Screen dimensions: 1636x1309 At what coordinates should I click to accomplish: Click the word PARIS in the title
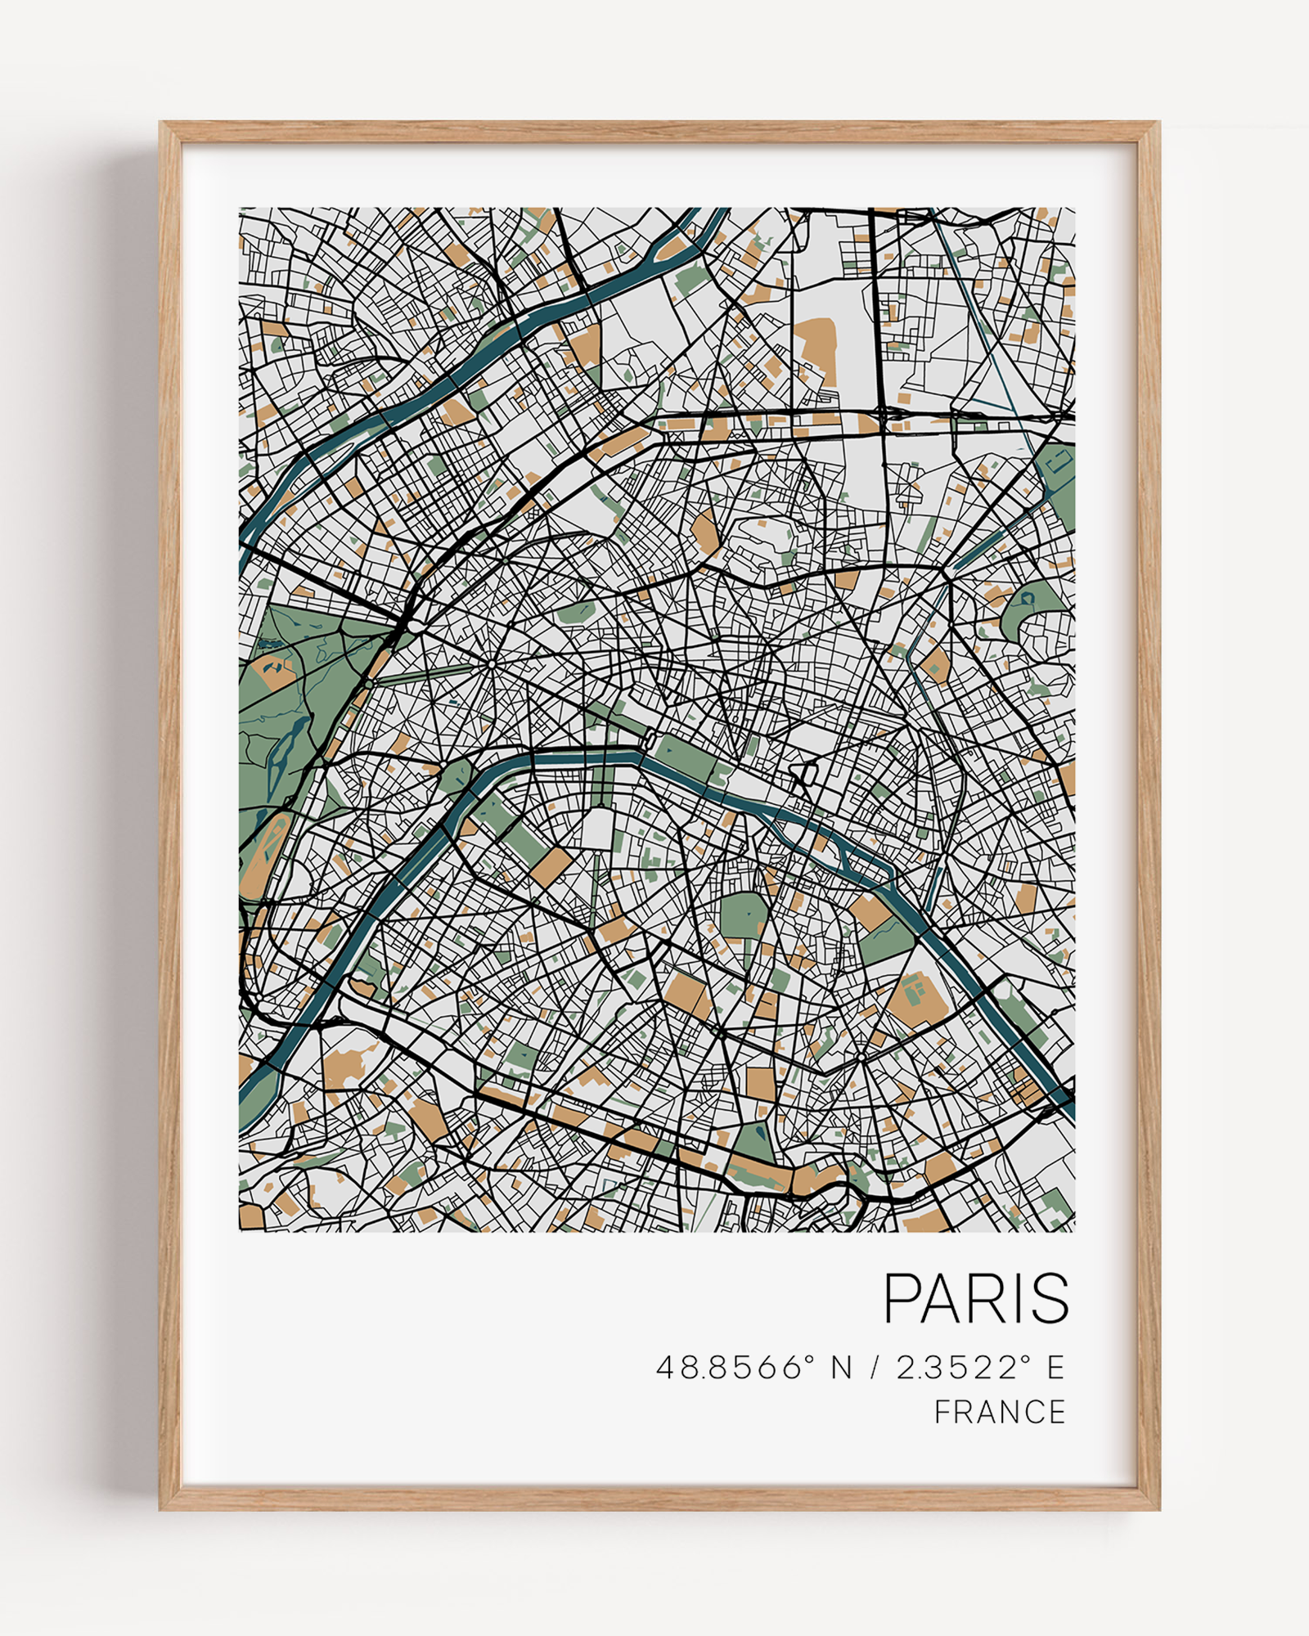tap(976, 1298)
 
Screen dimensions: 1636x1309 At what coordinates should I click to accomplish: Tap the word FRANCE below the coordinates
tap(1000, 1412)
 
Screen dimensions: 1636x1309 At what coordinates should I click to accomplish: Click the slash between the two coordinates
tap(875, 1367)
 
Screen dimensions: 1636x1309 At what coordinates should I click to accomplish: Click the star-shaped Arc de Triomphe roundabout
tap(490, 666)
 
